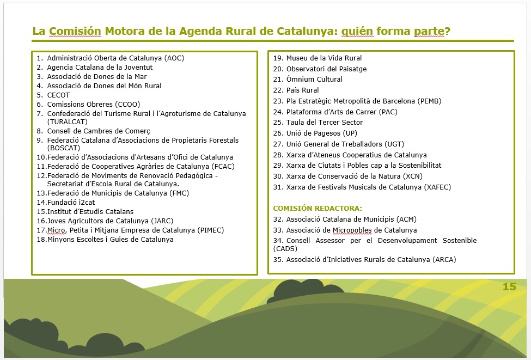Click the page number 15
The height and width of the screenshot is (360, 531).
(x=509, y=287)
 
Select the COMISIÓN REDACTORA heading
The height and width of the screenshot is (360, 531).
(x=318, y=208)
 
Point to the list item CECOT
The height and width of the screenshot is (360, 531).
(x=58, y=95)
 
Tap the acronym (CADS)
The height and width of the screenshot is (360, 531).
(x=284, y=248)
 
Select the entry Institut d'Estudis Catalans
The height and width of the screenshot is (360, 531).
(x=90, y=212)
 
